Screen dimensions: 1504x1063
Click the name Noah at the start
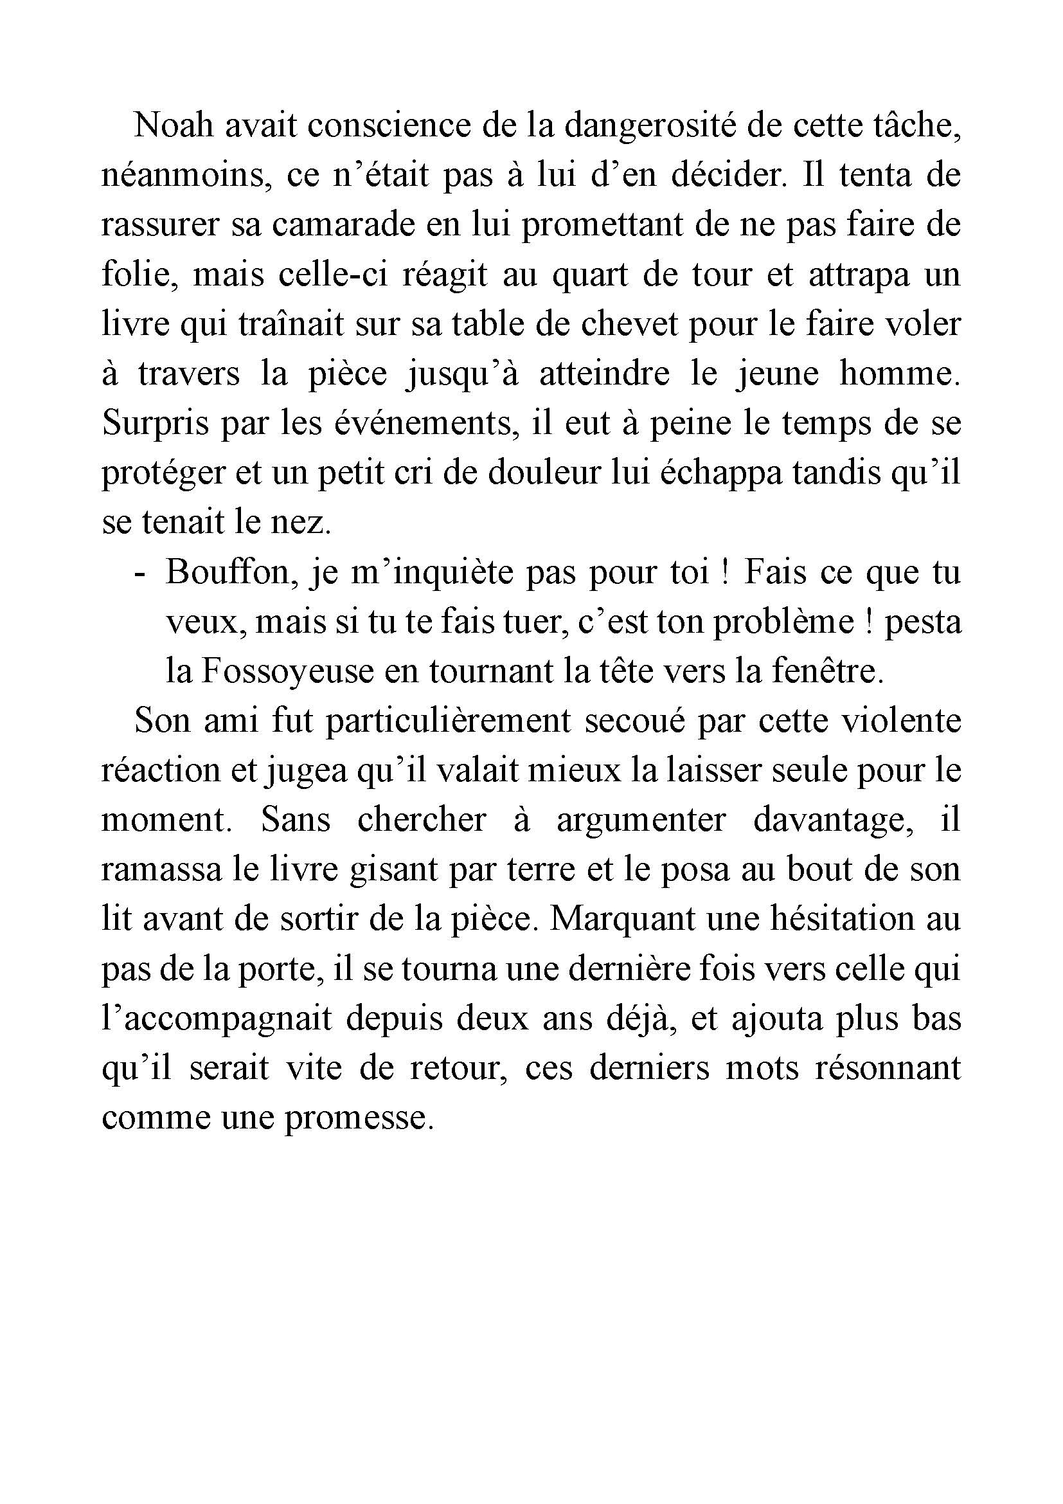point(174,125)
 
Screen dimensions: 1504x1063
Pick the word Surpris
point(154,424)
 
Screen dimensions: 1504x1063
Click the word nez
point(306,523)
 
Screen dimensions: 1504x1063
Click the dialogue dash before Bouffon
point(138,574)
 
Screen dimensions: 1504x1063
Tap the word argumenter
point(641,820)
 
